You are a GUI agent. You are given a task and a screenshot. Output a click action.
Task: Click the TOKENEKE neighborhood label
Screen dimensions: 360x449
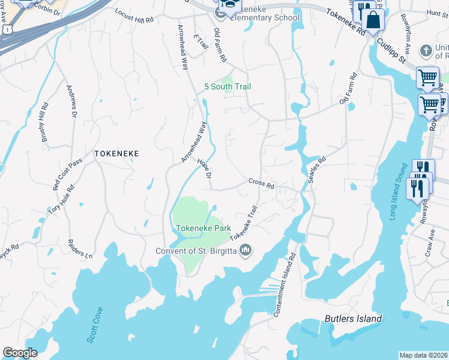(116, 154)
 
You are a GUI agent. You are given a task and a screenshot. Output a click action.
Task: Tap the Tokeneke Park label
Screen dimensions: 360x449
(203, 229)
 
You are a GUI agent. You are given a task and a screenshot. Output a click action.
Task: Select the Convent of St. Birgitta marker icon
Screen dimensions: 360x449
(245, 250)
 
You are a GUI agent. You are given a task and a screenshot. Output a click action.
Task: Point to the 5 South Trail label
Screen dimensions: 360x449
(228, 87)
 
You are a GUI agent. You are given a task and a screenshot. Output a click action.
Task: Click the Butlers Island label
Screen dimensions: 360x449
(353, 319)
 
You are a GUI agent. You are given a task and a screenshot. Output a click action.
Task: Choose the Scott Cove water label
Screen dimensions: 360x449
(95, 325)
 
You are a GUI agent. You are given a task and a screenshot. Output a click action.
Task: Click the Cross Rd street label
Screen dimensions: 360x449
(261, 182)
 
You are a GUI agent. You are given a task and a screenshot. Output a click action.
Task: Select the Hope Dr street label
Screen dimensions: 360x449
(204, 169)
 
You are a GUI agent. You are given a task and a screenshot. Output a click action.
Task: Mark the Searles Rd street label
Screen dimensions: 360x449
(317, 169)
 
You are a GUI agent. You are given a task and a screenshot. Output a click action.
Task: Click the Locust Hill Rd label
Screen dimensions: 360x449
(134, 16)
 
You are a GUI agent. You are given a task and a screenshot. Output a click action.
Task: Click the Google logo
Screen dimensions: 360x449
(20, 352)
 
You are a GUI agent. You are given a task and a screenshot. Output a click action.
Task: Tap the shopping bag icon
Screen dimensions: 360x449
(373, 19)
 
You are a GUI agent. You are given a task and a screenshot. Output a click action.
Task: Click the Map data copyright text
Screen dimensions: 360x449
(424, 355)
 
